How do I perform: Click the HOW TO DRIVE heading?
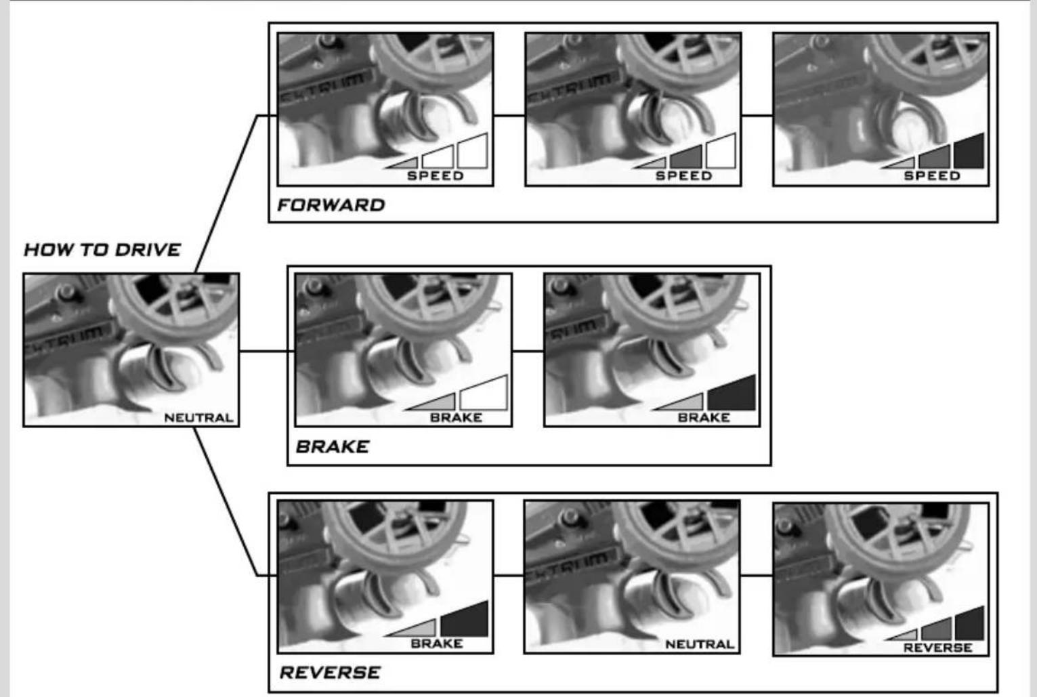click(102, 250)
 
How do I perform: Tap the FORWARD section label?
click(331, 205)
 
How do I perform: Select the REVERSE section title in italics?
click(330, 673)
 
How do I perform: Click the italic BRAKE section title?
click(333, 447)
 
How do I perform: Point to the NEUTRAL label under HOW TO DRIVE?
click(199, 418)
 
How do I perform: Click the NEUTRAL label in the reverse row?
click(700, 644)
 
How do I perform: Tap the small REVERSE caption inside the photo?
click(938, 648)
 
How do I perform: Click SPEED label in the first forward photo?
click(435, 176)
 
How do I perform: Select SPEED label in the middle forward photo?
click(684, 176)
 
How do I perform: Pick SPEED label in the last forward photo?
click(932, 176)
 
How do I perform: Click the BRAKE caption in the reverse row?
click(437, 643)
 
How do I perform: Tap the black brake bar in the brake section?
click(732, 394)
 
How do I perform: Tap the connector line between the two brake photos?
click(528, 352)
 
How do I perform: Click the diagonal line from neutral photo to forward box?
click(226, 194)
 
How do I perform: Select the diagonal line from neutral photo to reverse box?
click(226, 502)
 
